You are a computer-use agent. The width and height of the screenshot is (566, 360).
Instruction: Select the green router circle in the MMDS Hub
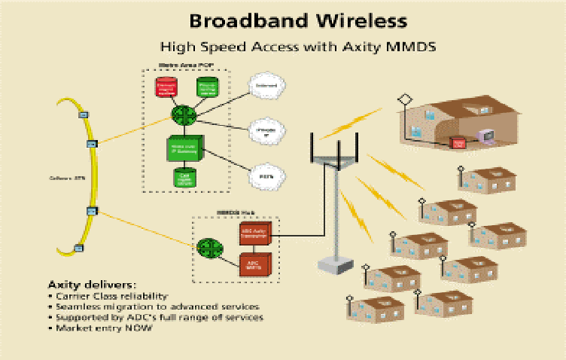click(208, 246)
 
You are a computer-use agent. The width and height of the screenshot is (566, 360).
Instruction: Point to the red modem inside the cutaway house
click(457, 142)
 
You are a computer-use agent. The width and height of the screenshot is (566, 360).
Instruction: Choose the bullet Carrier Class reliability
click(114, 296)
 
